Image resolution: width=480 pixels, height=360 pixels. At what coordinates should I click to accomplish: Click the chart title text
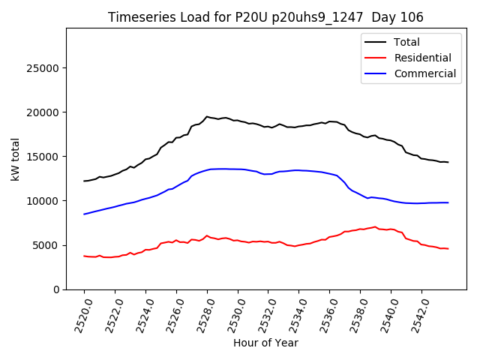[x=265, y=17]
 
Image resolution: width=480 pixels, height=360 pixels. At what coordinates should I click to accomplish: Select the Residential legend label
[x=422, y=58]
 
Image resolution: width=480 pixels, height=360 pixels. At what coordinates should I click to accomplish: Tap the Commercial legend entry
[x=424, y=73]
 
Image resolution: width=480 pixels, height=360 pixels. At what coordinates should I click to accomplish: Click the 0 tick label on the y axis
[x=57, y=290]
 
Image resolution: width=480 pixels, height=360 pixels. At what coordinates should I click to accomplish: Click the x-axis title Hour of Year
[x=265, y=343]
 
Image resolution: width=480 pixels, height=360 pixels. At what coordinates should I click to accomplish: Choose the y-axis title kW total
[x=16, y=158]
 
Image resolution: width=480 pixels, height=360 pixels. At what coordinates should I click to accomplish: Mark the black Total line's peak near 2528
[x=207, y=117]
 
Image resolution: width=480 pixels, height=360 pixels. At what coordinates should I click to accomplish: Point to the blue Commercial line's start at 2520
[x=84, y=214]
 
